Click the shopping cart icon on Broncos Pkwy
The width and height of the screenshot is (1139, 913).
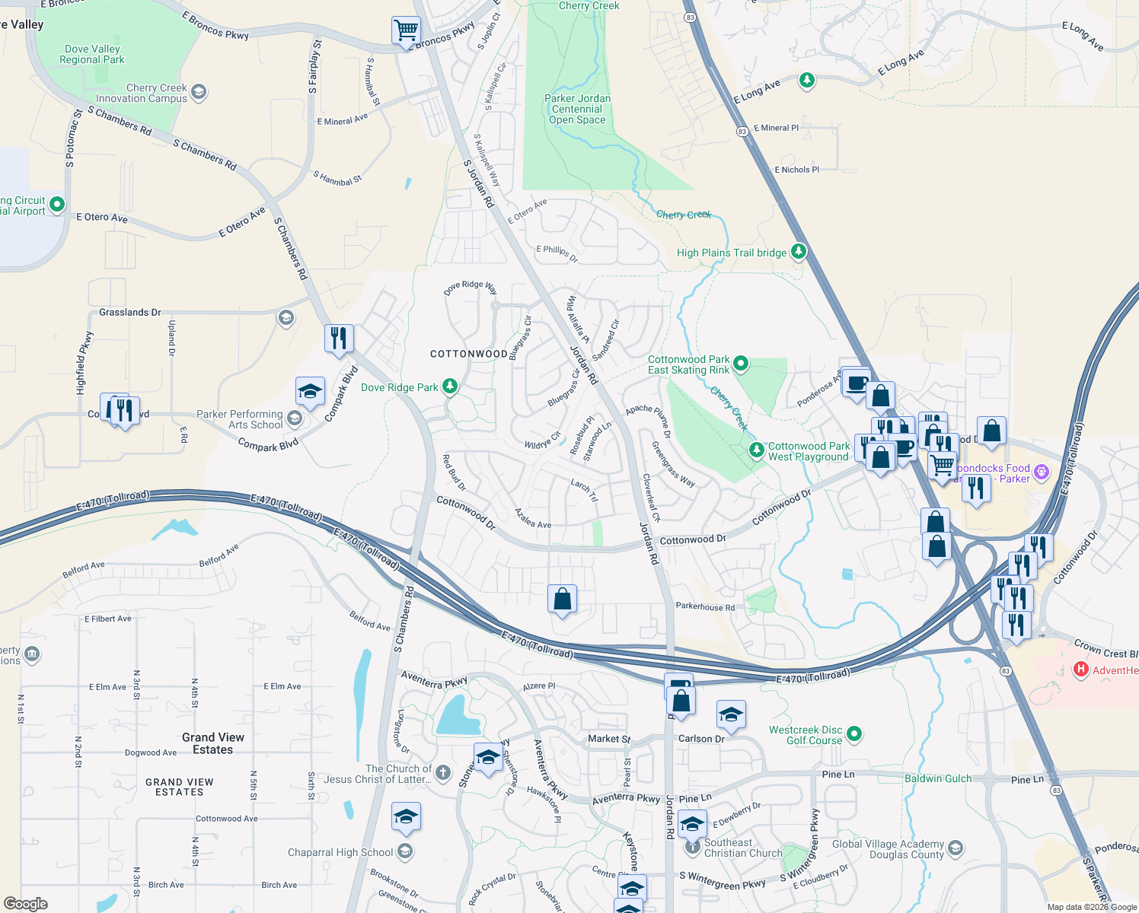pos(406,31)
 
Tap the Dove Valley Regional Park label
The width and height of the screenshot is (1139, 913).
pos(91,54)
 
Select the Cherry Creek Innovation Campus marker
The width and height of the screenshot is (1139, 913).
pos(199,92)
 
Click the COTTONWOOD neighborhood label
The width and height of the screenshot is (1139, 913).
pos(468,354)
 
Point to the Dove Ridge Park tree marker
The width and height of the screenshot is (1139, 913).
pos(450,387)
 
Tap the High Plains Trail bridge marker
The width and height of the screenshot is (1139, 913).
pos(798,251)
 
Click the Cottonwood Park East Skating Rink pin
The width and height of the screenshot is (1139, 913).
pos(741,364)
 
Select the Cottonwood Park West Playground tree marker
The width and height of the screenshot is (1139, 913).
pos(756,450)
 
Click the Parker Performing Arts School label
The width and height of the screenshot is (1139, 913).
pos(240,419)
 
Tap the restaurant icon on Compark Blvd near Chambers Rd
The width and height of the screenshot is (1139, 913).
pos(339,337)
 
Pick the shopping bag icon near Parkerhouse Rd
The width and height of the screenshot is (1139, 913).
pos(562,599)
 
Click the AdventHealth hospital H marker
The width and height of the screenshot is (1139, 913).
pos(1080,670)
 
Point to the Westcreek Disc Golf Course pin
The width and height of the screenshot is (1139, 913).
pos(854,733)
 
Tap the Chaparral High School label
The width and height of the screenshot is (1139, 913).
pos(340,852)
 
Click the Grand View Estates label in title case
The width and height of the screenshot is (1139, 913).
pos(213,743)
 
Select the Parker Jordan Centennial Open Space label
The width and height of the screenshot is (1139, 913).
pos(577,109)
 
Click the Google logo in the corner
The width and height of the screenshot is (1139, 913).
pos(25,904)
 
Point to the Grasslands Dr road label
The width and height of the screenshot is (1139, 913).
pos(129,312)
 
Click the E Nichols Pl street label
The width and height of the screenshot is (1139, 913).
pos(796,170)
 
